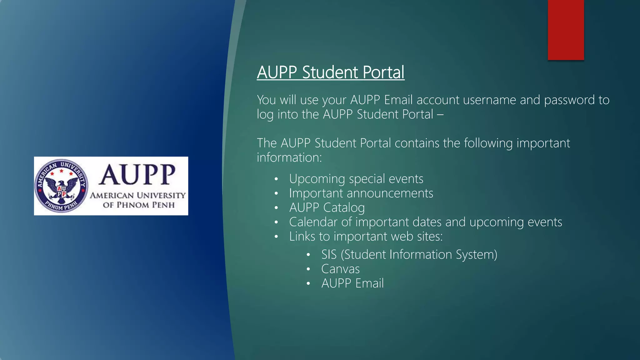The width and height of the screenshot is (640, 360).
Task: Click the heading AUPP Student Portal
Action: coord(331,72)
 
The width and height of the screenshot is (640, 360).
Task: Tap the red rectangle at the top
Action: coord(566,30)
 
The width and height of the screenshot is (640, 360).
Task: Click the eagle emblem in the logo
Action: coord(62,186)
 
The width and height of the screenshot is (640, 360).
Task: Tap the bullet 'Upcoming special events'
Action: coord(356,179)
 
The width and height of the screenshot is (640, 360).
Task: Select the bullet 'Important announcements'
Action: coord(361,193)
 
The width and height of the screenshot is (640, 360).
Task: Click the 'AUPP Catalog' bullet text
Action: coord(327,207)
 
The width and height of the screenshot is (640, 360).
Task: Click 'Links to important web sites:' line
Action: coord(366,236)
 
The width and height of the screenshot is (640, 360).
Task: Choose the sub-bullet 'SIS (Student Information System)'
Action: coord(409,254)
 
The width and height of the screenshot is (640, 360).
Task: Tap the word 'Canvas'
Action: coord(340,269)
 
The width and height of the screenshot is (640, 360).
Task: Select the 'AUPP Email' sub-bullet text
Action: coord(352,283)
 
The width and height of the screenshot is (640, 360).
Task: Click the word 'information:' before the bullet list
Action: coord(289,157)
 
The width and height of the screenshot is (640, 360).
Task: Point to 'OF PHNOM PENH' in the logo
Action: coord(139,205)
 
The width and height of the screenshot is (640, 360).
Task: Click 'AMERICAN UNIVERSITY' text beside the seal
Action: coord(138,195)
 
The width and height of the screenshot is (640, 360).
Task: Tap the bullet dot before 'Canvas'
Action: coord(308,269)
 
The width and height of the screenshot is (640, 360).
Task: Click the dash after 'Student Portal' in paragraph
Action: coord(440,115)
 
